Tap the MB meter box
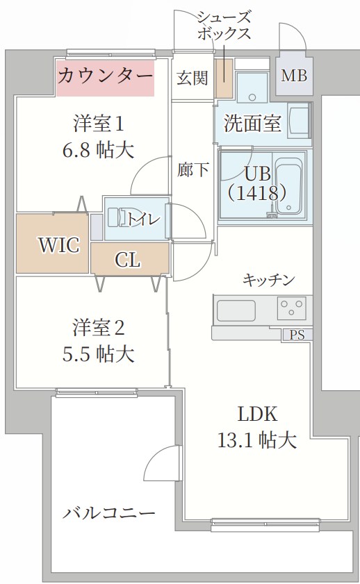tap(294, 76)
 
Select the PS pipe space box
tap(297, 335)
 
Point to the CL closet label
tap(128, 260)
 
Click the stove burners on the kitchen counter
tap(292, 306)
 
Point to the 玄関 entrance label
tap(192, 77)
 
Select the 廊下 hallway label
tap(193, 169)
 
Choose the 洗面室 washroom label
tap(252, 124)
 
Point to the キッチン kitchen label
tap(268, 280)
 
